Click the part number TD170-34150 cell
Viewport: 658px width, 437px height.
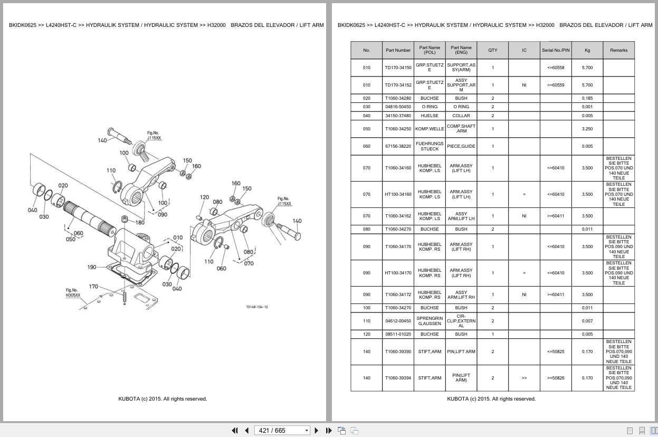point(398,68)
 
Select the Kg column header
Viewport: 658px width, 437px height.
point(587,50)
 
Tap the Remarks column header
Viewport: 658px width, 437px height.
point(618,50)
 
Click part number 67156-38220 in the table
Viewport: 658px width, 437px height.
point(398,146)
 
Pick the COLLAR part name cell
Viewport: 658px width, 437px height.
point(461,116)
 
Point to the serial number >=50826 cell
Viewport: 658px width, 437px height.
point(556,378)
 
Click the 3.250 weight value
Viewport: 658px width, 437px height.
point(587,129)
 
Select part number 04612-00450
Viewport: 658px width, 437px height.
point(398,321)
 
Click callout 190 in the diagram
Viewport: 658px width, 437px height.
point(92,267)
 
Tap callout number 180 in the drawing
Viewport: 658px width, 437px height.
point(140,223)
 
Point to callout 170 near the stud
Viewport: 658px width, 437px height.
point(93,286)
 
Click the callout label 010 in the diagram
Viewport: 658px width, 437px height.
point(178,237)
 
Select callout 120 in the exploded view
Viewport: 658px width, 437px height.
point(204,197)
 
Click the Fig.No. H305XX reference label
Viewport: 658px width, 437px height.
point(73,293)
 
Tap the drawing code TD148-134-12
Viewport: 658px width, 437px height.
point(257,307)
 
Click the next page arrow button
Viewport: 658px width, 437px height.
point(317,431)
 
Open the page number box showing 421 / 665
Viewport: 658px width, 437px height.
point(282,431)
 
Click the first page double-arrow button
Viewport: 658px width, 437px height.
point(235,431)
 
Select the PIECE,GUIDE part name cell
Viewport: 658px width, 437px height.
point(461,146)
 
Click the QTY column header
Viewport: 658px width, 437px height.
point(493,50)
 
